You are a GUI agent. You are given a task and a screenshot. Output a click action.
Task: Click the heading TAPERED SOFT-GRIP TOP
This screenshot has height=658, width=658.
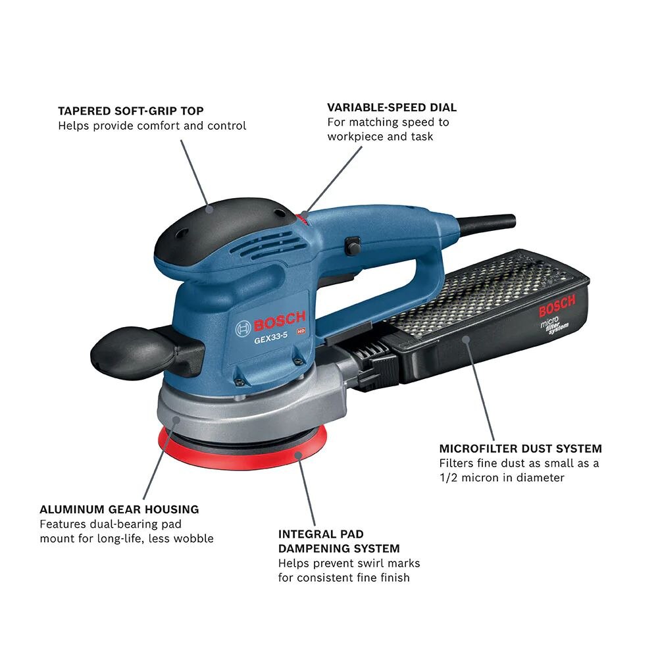(130, 111)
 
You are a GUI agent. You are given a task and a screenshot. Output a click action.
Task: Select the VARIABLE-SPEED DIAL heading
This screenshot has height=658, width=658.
(392, 107)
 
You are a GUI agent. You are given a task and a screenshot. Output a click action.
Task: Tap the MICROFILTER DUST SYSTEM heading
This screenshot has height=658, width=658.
(520, 449)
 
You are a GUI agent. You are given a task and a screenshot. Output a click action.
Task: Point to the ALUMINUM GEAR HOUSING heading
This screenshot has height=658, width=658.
(119, 509)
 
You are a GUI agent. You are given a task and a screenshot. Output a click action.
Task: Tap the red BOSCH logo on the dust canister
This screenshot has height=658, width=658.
(557, 305)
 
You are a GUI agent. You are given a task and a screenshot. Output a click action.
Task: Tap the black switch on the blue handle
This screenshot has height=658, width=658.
(353, 246)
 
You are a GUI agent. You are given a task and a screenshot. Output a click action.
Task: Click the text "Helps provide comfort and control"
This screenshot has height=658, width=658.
(152, 126)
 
